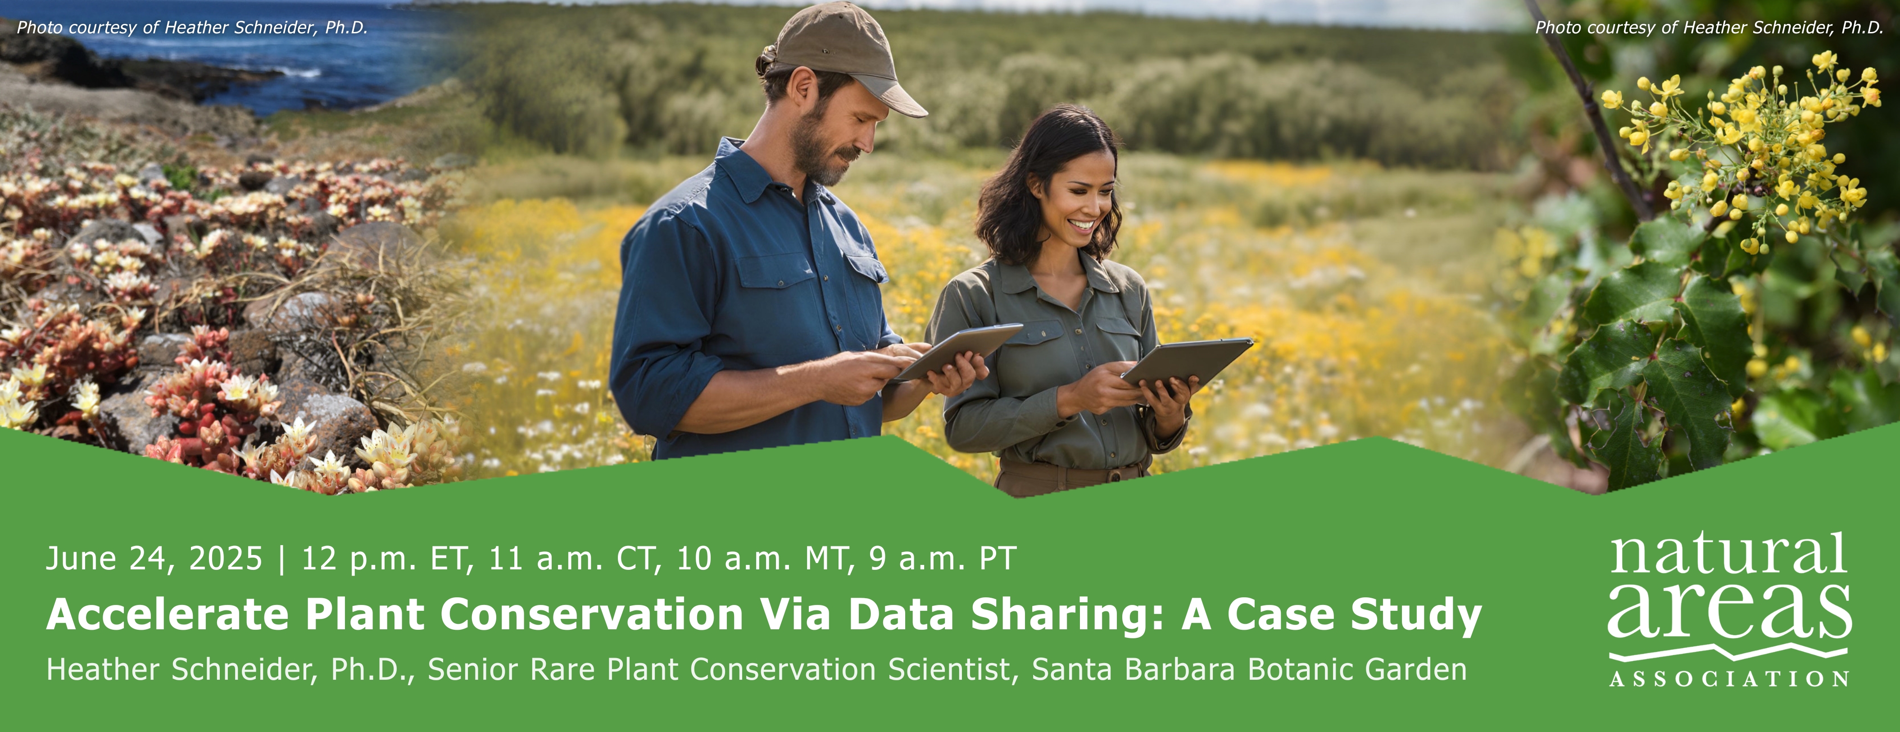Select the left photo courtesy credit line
(x=192, y=28)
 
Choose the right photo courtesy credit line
(x=1710, y=28)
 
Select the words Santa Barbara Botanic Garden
(x=1249, y=670)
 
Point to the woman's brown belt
(x=1070, y=474)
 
